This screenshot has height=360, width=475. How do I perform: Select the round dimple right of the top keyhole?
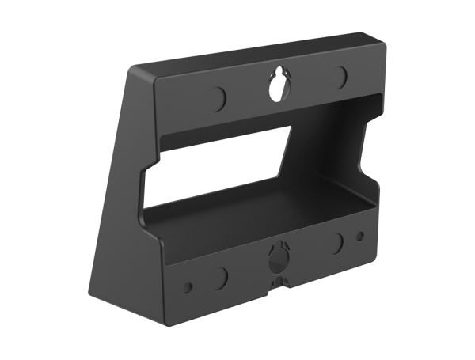click(x=341, y=77)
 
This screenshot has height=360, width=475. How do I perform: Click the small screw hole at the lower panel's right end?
click(x=361, y=235)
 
